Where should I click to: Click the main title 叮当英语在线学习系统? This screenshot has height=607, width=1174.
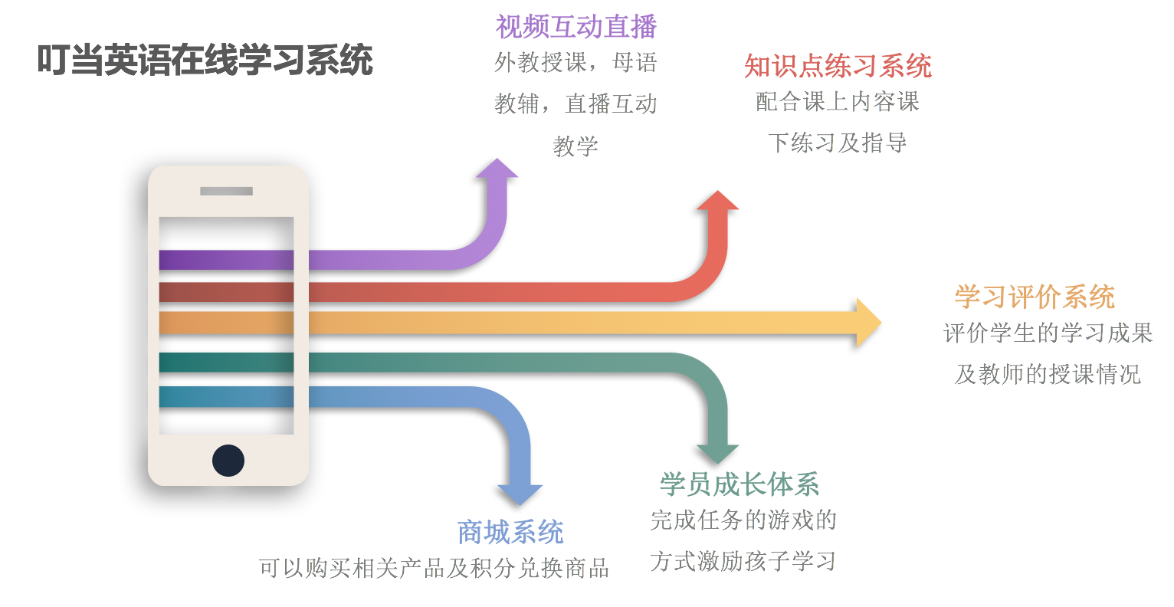tap(205, 61)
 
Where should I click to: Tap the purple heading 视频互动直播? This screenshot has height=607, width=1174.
tap(576, 27)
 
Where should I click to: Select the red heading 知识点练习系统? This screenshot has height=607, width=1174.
tap(838, 67)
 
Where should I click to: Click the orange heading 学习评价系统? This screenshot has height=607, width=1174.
tap(1035, 297)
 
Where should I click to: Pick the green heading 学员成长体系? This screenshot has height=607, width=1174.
tap(739, 484)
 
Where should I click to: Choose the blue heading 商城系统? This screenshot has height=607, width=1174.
tap(510, 533)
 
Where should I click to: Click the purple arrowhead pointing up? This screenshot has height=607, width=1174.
tap(497, 169)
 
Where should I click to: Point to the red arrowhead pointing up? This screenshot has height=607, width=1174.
tap(717, 200)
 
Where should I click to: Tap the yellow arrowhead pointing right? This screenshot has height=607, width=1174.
tap(869, 323)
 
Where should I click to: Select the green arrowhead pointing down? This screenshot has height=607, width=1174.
tap(717, 454)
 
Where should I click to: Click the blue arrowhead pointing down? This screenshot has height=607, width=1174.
tap(520, 495)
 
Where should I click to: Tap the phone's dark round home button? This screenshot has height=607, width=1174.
tap(228, 460)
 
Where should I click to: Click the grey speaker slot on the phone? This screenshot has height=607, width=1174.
tap(226, 192)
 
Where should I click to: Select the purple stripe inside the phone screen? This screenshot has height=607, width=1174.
tap(226, 260)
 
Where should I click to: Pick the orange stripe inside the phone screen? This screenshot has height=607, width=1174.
tap(226, 323)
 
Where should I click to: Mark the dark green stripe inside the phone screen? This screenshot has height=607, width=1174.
tap(226, 363)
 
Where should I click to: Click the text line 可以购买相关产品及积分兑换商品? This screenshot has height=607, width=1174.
tap(434, 569)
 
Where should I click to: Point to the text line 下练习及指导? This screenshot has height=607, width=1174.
tap(838, 143)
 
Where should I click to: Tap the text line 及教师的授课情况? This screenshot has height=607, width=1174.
tap(1047, 374)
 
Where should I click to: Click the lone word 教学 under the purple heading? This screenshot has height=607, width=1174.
tap(576, 146)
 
